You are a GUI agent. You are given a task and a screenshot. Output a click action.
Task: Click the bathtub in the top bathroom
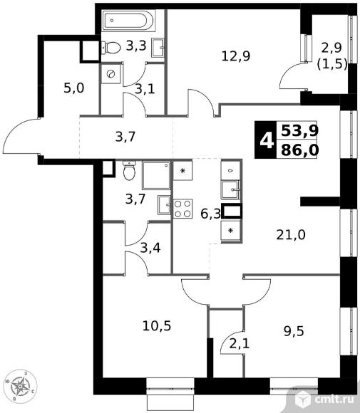pyautogui.click(x=128, y=20)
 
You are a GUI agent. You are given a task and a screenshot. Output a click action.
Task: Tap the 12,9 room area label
pyautogui.click(x=235, y=56)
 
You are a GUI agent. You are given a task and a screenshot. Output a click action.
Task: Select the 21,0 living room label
pyautogui.click(x=291, y=234)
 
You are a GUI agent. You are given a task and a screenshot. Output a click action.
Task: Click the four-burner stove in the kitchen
pyautogui.click(x=182, y=209)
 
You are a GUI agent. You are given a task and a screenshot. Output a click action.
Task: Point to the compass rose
pyautogui.click(x=20, y=387)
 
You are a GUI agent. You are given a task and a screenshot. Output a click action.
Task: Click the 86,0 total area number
pyautogui.click(x=299, y=150)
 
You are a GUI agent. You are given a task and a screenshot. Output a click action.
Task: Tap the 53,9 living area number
pyautogui.click(x=299, y=130)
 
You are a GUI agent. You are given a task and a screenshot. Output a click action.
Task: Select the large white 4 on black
pyautogui.click(x=266, y=140)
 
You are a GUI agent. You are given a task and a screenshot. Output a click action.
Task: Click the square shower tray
pyautogui.click(x=156, y=175)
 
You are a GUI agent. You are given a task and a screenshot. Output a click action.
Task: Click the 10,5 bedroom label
pyautogui.click(x=157, y=326)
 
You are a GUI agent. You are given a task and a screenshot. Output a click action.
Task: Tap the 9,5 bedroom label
pyautogui.click(x=294, y=331)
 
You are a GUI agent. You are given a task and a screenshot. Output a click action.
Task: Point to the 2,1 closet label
pyautogui.click(x=239, y=344)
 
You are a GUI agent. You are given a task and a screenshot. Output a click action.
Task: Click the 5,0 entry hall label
pyautogui.click(x=74, y=88)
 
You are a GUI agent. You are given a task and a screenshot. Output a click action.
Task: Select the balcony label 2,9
pyautogui.click(x=331, y=48)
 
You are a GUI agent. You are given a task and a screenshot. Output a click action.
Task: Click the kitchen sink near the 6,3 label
pyautogui.click(x=230, y=189)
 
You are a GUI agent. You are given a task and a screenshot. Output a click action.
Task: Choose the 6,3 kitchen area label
pyautogui.click(x=210, y=214)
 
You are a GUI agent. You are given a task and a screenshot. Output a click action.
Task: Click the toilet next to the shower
pyautogui.click(x=129, y=170)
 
